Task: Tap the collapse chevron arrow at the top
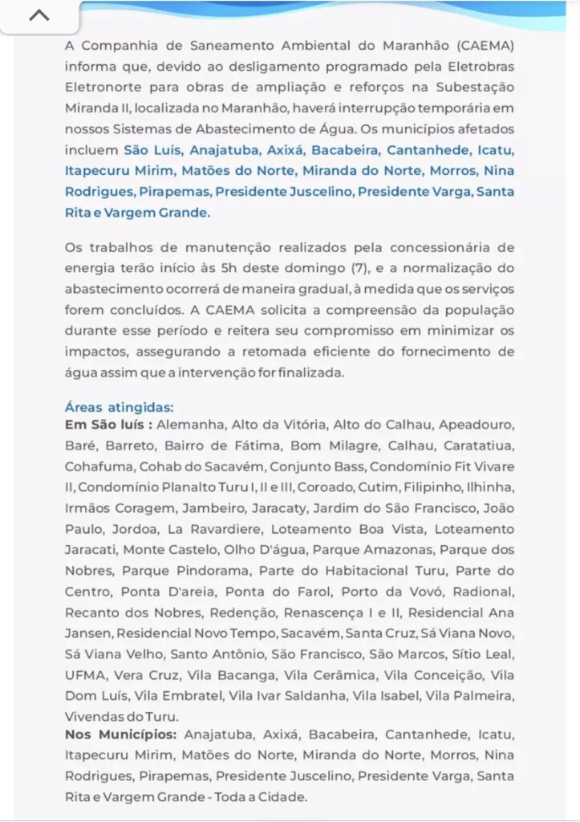39,15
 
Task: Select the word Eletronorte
100,87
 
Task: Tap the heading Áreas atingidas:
119,407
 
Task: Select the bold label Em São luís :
108,425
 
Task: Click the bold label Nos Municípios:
120,735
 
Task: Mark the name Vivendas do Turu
121,716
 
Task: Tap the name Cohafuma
98,466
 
